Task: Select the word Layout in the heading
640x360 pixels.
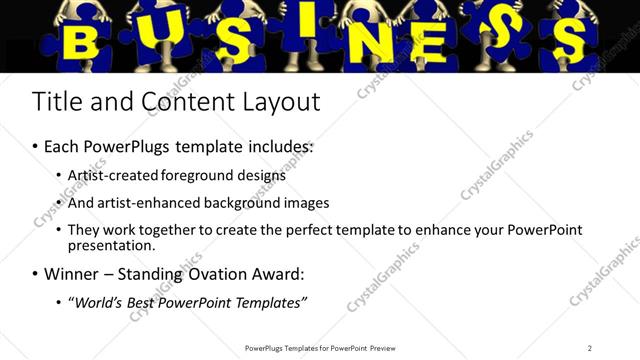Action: pos(282,102)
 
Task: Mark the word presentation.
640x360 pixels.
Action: pos(112,246)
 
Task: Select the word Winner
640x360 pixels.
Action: pos(72,273)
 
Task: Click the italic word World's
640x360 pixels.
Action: pos(98,302)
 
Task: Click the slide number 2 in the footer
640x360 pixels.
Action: pos(589,348)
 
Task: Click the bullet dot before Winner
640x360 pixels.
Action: pos(36,274)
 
